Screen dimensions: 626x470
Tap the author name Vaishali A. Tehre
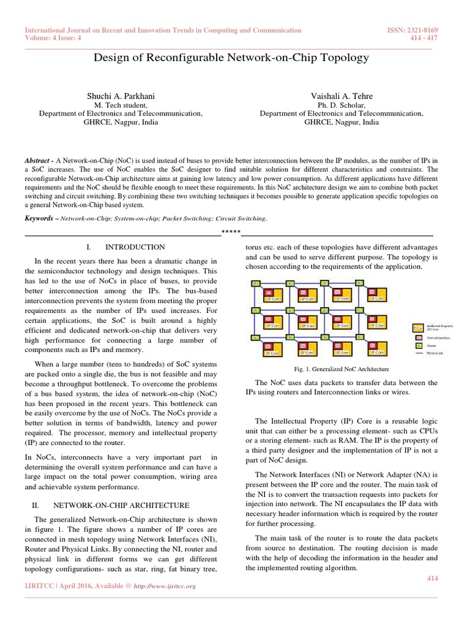341,96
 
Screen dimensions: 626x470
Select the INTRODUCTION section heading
135,247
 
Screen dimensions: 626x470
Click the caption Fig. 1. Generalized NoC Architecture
341,369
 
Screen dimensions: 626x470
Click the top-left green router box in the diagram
256,283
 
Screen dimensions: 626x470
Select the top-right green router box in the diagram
360,283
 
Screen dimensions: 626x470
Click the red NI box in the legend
419,337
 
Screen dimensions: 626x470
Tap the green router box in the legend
419,345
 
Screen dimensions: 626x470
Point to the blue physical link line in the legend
419,353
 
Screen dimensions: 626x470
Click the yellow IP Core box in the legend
419,328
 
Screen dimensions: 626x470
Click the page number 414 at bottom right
431,578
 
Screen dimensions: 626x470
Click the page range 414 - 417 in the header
427,38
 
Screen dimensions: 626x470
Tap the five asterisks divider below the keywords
231,232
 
